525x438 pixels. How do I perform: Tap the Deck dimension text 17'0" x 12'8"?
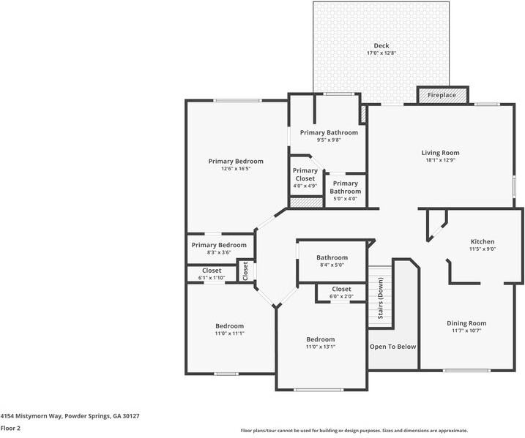[381, 53]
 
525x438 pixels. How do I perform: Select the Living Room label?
[440, 153]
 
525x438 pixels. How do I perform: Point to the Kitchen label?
[482, 241]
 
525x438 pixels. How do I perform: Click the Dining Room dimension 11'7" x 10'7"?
[466, 331]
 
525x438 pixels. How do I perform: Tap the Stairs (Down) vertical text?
[381, 299]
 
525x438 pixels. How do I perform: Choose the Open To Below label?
[392, 347]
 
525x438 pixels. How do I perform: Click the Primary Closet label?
[305, 175]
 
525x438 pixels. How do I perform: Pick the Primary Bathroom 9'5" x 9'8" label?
[329, 132]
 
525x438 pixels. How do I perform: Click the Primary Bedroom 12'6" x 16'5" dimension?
[236, 169]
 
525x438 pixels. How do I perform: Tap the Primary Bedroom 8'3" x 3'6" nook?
[219, 249]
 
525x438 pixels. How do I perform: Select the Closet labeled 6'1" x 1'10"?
[212, 274]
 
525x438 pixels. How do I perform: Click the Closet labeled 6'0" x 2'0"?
[341, 292]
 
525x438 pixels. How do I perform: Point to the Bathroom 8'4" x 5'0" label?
[332, 261]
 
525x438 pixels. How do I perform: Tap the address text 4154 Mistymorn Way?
[70, 415]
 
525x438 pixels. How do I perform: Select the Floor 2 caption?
[10, 428]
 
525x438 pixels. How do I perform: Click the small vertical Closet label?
[246, 271]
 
